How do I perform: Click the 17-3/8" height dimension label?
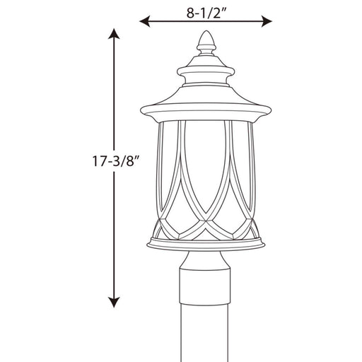click(115, 161)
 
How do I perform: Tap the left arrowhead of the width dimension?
click(145, 21)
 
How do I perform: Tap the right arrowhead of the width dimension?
click(267, 21)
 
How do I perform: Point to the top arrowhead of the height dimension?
click(114, 33)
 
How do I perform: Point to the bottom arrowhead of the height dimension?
click(114, 303)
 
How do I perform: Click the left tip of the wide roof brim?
click(141, 110)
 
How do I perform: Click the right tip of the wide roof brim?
click(271, 110)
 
